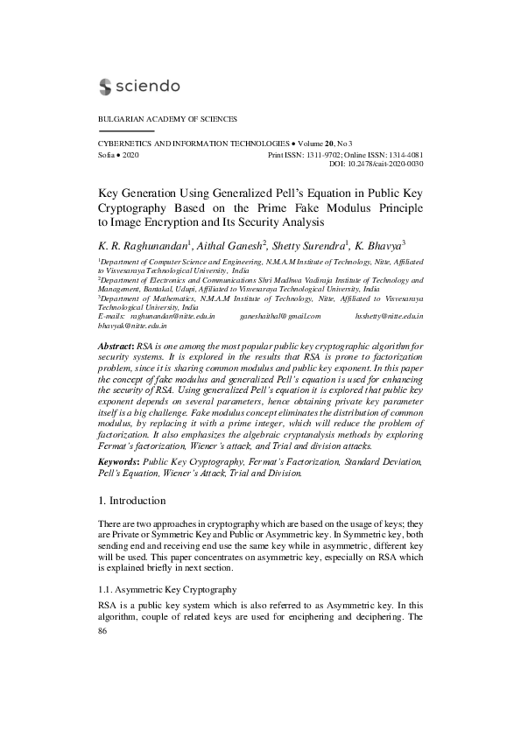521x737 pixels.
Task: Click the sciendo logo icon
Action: coord(106,86)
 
